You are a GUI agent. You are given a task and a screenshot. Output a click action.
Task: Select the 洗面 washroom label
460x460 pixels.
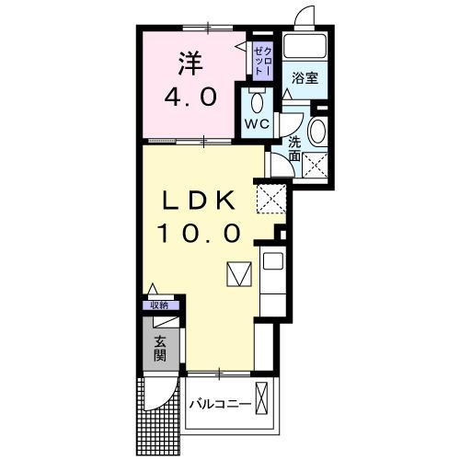pos(294,149)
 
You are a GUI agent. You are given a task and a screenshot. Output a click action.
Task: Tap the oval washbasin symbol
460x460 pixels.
pos(317,131)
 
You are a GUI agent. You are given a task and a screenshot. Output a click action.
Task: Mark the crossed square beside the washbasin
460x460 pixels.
pos(317,166)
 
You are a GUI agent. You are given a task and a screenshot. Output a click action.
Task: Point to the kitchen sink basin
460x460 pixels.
pos(273,261)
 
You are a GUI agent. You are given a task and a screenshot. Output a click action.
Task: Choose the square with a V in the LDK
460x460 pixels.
pos(238,274)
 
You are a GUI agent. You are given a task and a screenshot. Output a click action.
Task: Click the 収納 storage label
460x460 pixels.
pos(159,305)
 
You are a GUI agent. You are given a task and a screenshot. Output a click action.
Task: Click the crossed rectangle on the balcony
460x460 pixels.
pos(265,401)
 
